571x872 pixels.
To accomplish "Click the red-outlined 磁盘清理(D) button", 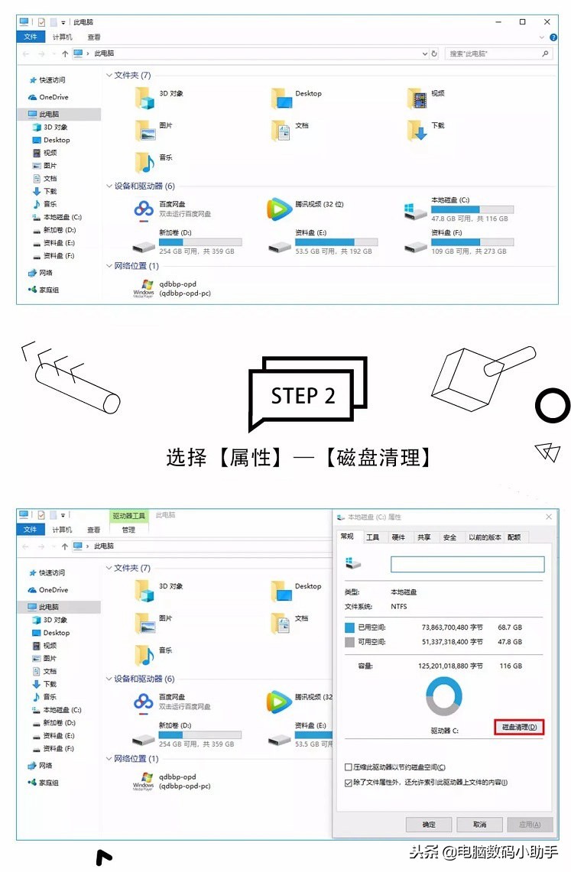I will click(519, 727).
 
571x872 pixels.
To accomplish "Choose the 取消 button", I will click(479, 825).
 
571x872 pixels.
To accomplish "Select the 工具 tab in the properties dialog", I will click(372, 537).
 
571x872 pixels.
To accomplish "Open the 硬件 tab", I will click(398, 537).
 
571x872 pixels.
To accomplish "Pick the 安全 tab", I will click(449, 537).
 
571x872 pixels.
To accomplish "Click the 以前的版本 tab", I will click(485, 537).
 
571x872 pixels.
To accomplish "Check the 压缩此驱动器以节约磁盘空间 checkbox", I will click(349, 767).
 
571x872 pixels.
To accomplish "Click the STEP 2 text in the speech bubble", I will click(303, 395).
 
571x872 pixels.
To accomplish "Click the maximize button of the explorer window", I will click(522, 21).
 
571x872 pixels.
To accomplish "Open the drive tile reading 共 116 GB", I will click(459, 209).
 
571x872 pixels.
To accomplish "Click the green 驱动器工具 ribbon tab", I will click(128, 516).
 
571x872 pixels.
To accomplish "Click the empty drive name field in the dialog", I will click(467, 564).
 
